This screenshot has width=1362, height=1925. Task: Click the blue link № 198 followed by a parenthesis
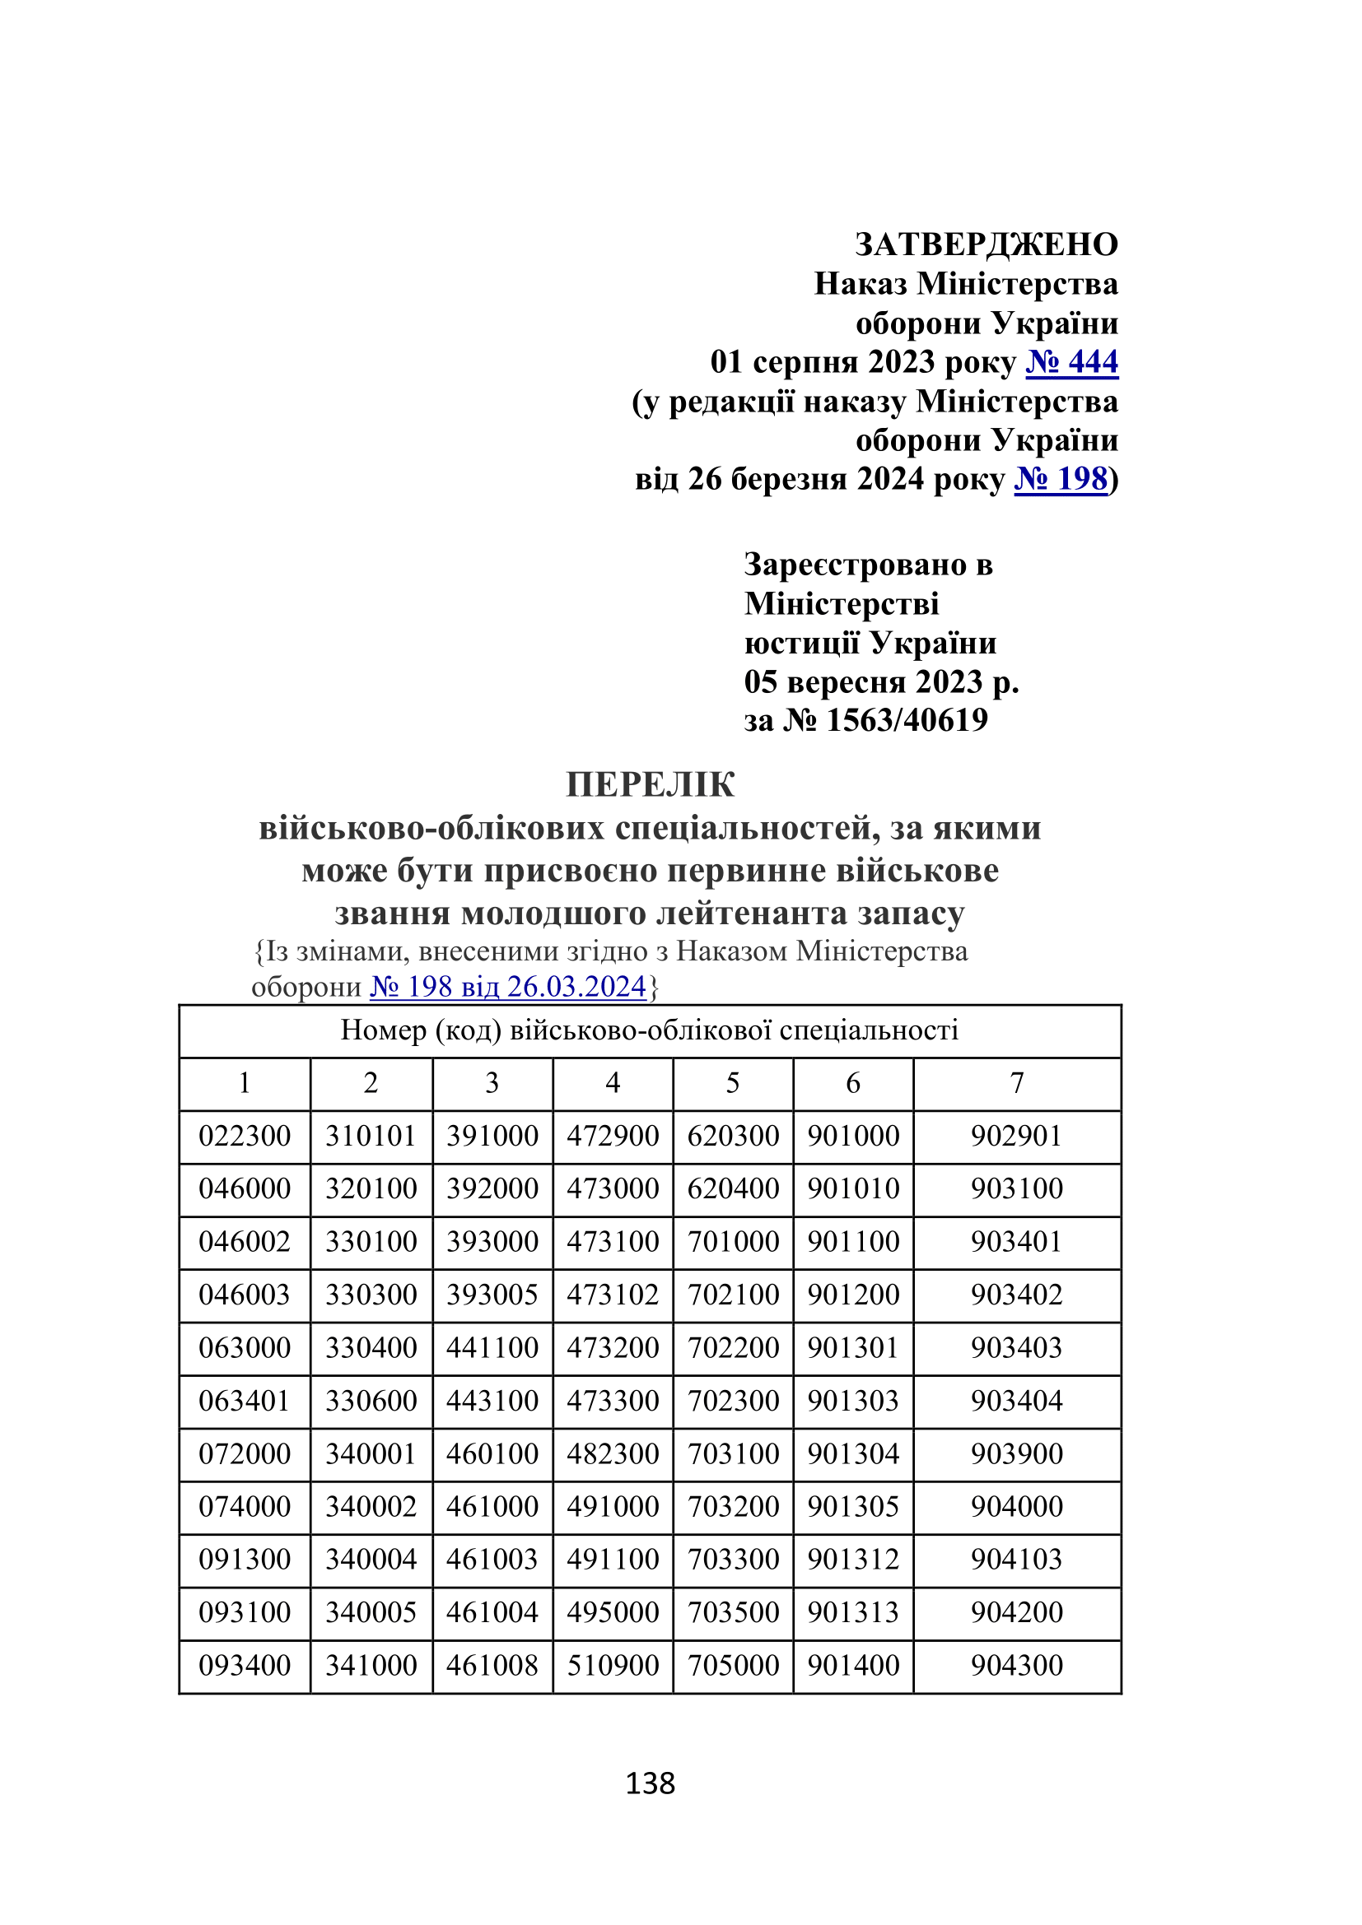pyautogui.click(x=1060, y=479)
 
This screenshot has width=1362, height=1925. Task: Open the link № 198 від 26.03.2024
pyautogui.click(x=508, y=987)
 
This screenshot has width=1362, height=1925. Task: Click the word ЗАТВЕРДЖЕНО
pyautogui.click(x=987, y=244)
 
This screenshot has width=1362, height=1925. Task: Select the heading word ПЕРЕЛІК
pyautogui.click(x=650, y=785)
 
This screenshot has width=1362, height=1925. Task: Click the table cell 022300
pyautogui.click(x=244, y=1136)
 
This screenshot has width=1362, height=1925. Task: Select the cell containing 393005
pyautogui.click(x=492, y=1295)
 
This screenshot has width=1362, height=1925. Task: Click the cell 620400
pyautogui.click(x=733, y=1189)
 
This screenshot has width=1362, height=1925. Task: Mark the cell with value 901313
pyautogui.click(x=853, y=1611)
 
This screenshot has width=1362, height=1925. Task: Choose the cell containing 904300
pyautogui.click(x=1016, y=1664)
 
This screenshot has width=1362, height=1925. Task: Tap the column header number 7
pyautogui.click(x=1016, y=1083)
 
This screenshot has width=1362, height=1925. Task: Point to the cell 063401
pyautogui.click(x=244, y=1400)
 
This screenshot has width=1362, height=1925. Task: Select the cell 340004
pyautogui.click(x=371, y=1559)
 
